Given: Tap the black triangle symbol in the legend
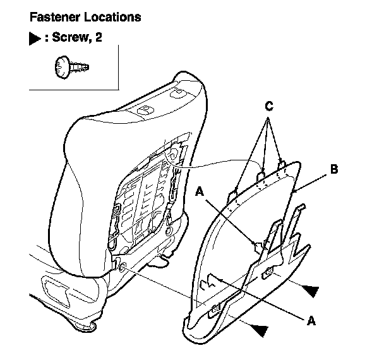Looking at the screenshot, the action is tap(35, 39).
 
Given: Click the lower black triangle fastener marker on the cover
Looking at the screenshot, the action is tap(259, 328).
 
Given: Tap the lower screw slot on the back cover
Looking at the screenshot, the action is tap(215, 308).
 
